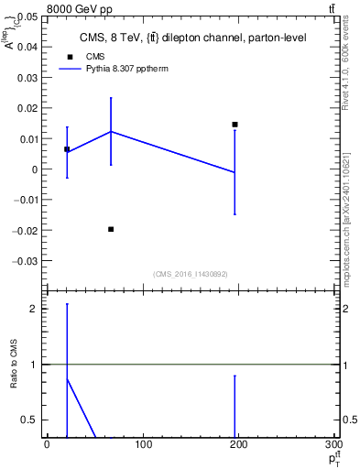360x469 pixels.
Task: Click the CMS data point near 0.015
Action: [x=235, y=125]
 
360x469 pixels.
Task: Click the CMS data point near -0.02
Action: [x=111, y=229]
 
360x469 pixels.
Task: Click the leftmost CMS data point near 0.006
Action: [x=67, y=148]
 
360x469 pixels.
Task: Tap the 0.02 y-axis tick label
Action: [x=27, y=108]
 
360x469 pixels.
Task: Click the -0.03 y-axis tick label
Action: [x=25, y=260]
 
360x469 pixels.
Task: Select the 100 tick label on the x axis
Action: [x=142, y=445]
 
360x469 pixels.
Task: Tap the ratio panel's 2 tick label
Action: [x=33, y=309]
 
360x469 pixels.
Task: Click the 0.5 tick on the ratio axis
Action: [x=29, y=420]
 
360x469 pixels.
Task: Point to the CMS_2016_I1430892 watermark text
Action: [x=190, y=273]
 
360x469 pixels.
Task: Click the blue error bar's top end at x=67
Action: [x=111, y=98]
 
